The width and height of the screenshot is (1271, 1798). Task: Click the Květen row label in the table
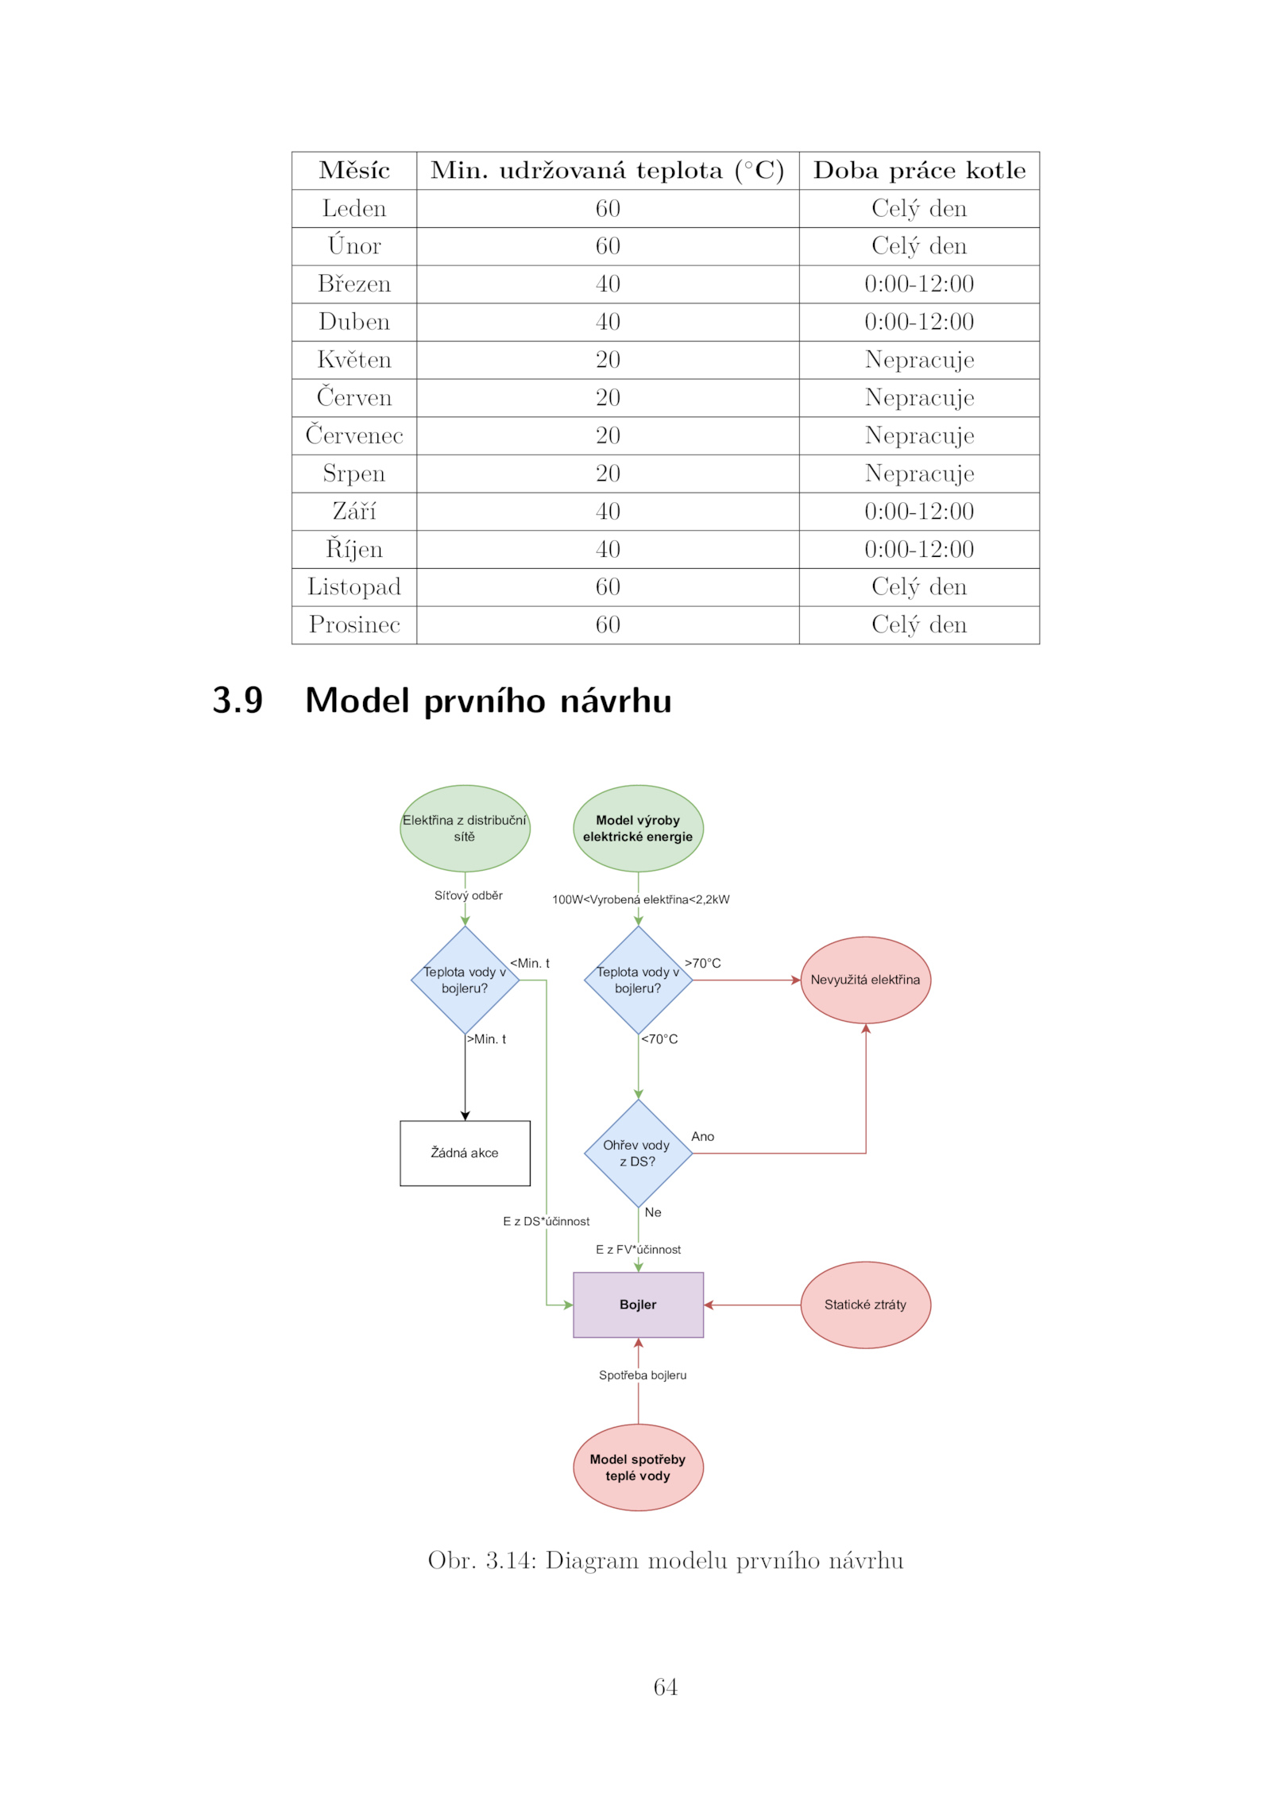tap(354, 360)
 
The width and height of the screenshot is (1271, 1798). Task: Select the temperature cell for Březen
tap(608, 284)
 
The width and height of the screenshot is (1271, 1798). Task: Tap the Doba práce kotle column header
tap(919, 170)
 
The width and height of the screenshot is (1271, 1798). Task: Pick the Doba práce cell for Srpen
tap(919, 474)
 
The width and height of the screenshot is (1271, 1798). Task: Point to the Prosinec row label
tap(354, 624)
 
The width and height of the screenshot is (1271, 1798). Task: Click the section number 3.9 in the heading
tap(238, 700)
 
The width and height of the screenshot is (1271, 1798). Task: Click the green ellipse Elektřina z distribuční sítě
tap(465, 828)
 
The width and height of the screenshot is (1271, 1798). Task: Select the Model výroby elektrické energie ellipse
tap(638, 828)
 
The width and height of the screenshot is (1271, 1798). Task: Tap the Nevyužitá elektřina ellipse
tap(865, 980)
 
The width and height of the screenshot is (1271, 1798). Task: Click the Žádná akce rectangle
tap(465, 1153)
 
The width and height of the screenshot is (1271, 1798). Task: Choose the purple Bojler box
tap(638, 1305)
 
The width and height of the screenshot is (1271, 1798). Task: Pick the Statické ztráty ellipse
tap(865, 1305)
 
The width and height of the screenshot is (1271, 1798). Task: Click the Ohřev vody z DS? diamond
tap(638, 1153)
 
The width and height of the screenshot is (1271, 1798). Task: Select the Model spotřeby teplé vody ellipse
tap(638, 1467)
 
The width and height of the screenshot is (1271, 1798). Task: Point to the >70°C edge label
tap(703, 963)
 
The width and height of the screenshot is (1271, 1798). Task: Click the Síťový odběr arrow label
tap(468, 895)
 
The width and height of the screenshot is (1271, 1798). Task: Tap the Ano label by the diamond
tap(702, 1136)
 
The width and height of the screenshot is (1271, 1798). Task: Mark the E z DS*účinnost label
tap(546, 1221)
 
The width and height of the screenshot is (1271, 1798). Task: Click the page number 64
tap(665, 1687)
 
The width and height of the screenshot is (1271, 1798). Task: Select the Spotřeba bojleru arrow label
tap(643, 1375)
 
